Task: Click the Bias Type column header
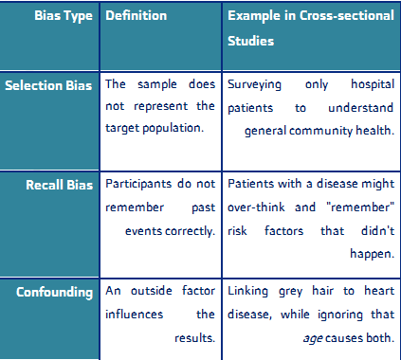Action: click(x=64, y=16)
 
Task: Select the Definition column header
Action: click(x=136, y=15)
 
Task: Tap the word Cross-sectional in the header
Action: click(x=347, y=15)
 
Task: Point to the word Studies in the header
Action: click(x=251, y=41)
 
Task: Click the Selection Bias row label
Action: click(x=48, y=85)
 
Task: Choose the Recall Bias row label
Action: click(x=60, y=185)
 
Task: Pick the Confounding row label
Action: click(x=55, y=293)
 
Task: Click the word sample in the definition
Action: click(x=157, y=84)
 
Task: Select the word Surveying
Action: click(x=254, y=84)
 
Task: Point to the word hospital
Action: click(x=373, y=84)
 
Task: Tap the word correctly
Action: click(x=190, y=231)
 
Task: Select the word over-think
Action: click(x=256, y=207)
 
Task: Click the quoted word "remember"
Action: click(x=360, y=207)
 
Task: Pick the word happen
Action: click(x=373, y=254)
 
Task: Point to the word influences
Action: click(x=135, y=315)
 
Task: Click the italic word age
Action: click(x=313, y=338)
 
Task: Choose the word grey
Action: click(x=290, y=291)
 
